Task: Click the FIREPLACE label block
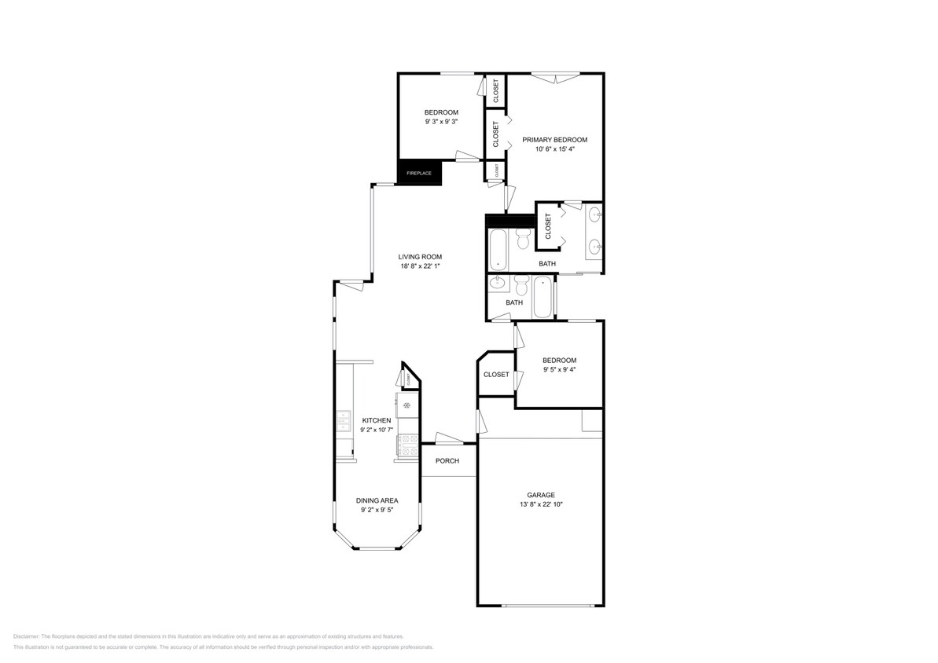point(419,173)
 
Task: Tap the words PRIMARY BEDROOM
point(554,140)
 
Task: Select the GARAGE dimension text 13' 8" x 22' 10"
point(541,504)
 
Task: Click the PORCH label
point(447,461)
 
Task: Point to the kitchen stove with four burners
point(408,446)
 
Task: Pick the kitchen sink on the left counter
point(344,422)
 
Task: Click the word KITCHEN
point(376,420)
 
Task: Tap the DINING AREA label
point(377,500)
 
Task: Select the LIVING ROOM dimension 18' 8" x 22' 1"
point(420,266)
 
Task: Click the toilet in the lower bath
point(520,284)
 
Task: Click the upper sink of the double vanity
point(595,214)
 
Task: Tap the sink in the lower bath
point(497,284)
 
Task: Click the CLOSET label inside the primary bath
point(548,227)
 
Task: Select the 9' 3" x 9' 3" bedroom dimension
point(441,122)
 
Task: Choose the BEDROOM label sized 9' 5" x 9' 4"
point(559,361)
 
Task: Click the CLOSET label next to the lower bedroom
point(496,375)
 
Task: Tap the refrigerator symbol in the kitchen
point(407,405)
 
